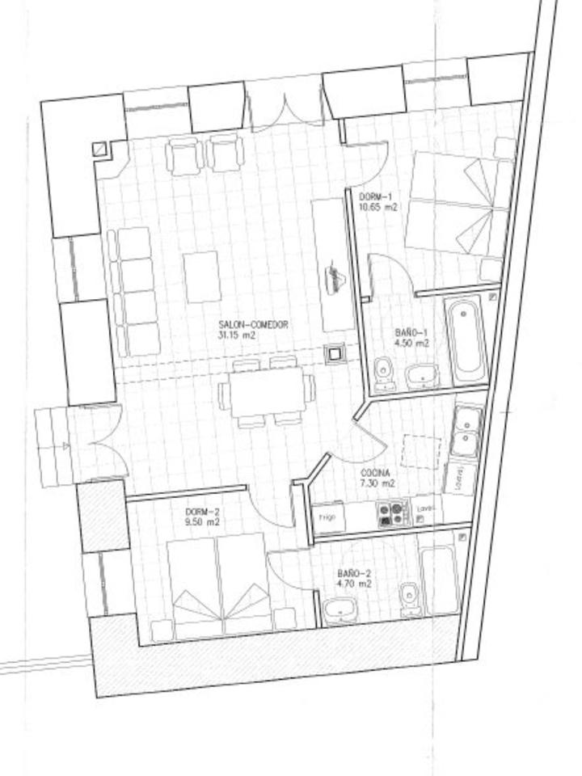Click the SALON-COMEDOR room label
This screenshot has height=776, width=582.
[x=253, y=326]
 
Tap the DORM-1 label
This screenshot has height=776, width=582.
[x=375, y=196]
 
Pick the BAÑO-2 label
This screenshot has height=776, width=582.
[x=354, y=572]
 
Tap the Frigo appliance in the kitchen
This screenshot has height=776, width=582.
[x=327, y=515]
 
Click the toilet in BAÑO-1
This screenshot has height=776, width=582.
[x=385, y=375]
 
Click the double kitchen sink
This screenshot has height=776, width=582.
[x=466, y=431]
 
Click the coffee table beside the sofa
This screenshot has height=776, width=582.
[x=200, y=278]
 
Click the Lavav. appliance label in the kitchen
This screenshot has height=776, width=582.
[x=426, y=509]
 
